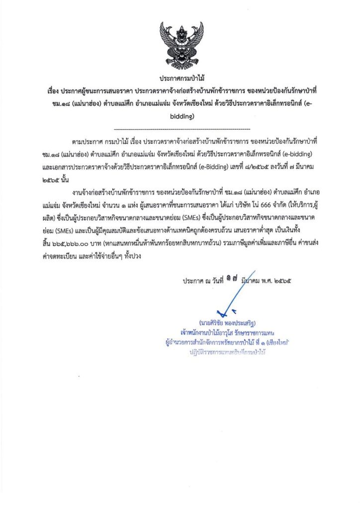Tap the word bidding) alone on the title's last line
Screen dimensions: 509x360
[180, 117]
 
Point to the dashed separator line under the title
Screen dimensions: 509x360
[180, 129]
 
